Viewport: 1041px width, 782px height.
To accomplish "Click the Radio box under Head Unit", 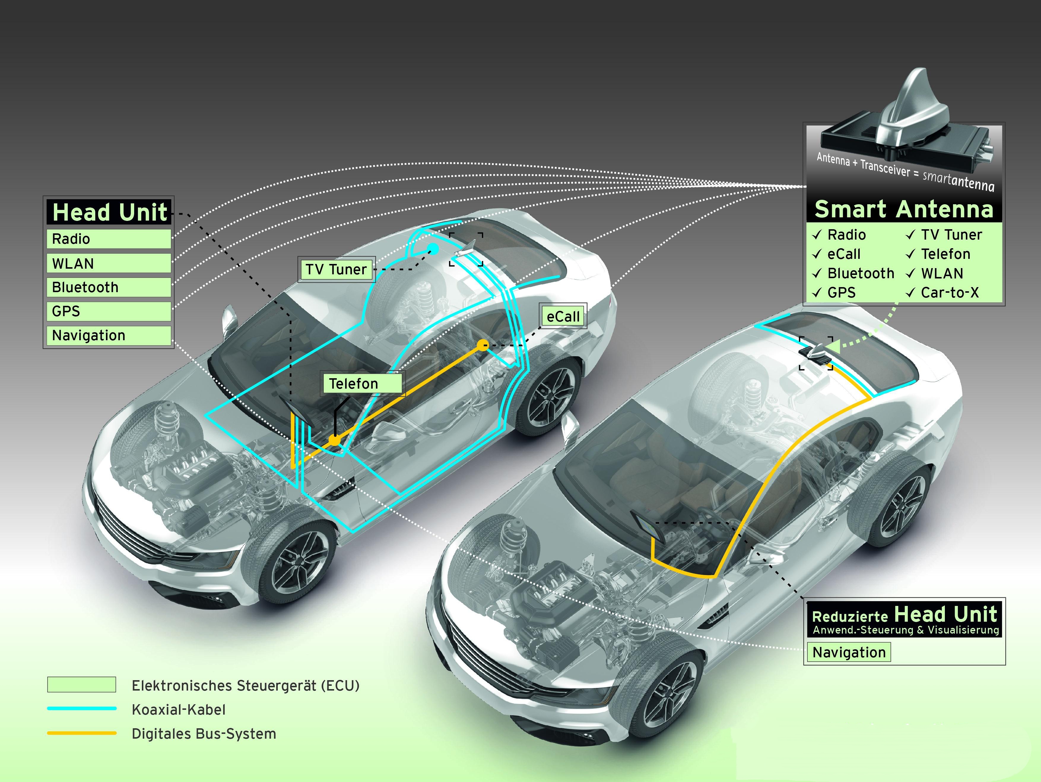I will pos(108,239).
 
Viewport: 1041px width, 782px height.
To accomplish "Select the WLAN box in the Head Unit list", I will pos(108,263).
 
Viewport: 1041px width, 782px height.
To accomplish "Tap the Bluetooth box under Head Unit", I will pos(108,287).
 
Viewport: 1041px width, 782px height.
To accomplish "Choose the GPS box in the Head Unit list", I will pos(108,311).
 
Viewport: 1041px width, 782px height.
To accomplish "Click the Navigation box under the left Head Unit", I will pos(108,335).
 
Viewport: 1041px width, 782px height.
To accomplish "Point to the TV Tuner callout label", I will pos(336,269).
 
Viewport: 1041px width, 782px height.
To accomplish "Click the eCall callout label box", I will pos(563,316).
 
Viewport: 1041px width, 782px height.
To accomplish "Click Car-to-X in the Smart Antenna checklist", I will pos(950,293).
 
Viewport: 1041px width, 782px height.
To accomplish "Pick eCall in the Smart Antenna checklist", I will pos(844,254).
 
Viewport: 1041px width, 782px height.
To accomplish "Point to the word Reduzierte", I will pos(850,617).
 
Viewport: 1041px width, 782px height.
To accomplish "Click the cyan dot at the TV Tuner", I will pos(433,248).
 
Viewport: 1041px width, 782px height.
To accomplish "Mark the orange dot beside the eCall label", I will pos(483,345).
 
